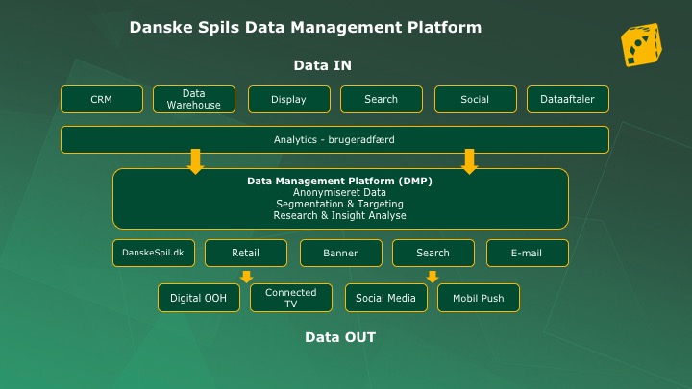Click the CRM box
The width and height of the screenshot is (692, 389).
[102, 99]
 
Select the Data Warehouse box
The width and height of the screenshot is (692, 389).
[194, 99]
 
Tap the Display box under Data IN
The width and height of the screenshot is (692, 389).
[289, 99]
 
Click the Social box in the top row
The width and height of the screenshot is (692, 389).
[476, 99]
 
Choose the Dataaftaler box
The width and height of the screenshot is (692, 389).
[568, 99]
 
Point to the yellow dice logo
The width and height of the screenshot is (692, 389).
[641, 45]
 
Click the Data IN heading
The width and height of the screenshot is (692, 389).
[323, 65]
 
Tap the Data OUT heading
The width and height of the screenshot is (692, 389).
[340, 337]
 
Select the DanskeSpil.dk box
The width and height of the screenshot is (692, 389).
[154, 254]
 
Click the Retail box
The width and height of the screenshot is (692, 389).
[246, 254]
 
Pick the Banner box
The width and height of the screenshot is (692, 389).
[340, 254]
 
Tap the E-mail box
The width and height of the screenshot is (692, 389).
[528, 254]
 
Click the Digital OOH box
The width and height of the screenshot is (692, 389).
[199, 298]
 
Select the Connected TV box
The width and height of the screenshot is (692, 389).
[291, 298]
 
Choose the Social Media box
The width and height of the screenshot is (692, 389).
[386, 298]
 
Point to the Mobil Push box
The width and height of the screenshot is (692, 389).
[479, 298]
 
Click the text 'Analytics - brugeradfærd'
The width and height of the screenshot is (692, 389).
[334, 140]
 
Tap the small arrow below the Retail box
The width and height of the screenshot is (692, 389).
[246, 277]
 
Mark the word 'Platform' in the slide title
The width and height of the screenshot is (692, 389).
[444, 27]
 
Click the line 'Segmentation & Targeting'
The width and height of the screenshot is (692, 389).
[339, 204]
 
